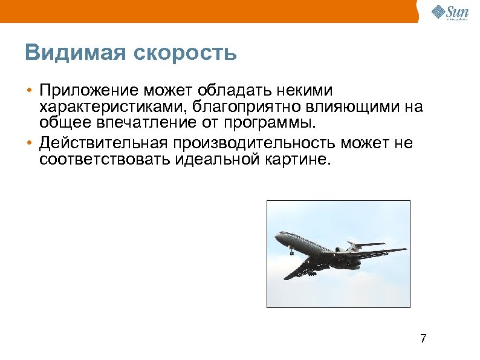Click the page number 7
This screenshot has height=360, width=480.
[x=423, y=338]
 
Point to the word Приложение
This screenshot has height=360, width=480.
[x=89, y=91]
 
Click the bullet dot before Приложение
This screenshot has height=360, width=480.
[x=28, y=91]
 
